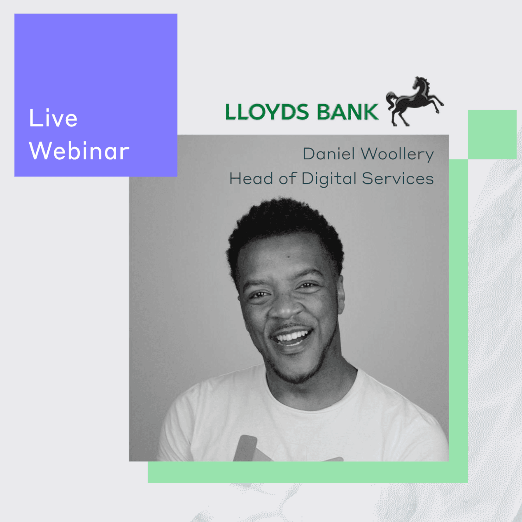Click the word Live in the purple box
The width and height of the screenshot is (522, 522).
[x=53, y=118]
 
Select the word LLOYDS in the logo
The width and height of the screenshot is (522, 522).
[x=267, y=112]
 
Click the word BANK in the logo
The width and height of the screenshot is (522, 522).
[x=348, y=112]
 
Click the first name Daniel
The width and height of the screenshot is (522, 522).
[x=329, y=154]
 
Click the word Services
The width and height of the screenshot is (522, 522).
[x=398, y=179]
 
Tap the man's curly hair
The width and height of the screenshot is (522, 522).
[x=284, y=228]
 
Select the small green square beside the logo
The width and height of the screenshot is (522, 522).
[x=492, y=135]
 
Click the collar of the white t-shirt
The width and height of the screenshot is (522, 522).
[x=312, y=390]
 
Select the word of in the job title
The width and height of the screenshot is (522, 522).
[x=289, y=178]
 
